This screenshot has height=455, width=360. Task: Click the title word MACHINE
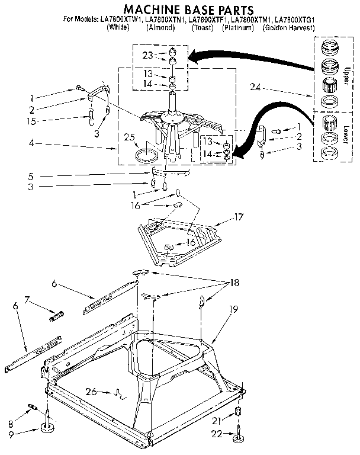click(x=147, y=9)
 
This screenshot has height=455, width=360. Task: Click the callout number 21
click(x=216, y=420)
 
